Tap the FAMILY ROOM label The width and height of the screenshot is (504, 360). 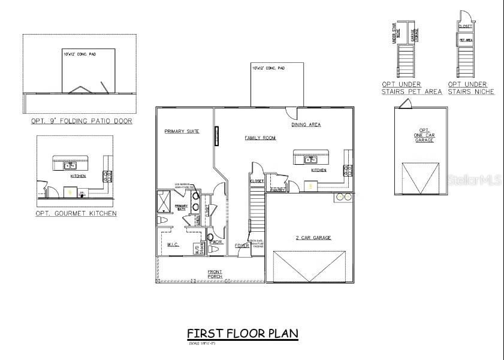tap(260, 138)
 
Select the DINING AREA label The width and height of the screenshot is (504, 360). tap(306, 125)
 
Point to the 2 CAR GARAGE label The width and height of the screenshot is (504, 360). tap(312, 238)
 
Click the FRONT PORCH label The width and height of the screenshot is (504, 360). tap(215, 274)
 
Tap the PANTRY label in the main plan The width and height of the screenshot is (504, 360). tap(277, 190)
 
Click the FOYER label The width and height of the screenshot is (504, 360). tap(242, 246)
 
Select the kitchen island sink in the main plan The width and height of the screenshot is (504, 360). tap(310, 159)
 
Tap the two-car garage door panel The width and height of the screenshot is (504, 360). tap(309, 267)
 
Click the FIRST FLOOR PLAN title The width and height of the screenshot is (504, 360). tap(243, 333)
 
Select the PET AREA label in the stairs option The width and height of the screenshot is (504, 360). tap(466, 40)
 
